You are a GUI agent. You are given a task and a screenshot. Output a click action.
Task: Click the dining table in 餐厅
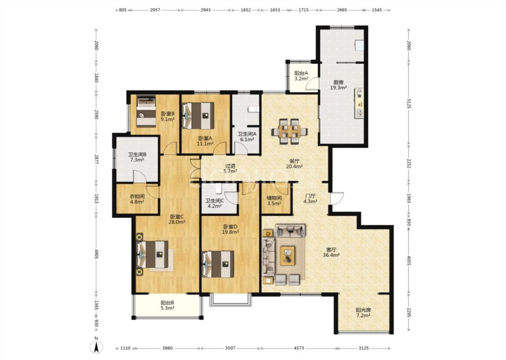(x=290, y=131)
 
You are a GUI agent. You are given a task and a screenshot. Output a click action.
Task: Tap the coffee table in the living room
(x=287, y=256)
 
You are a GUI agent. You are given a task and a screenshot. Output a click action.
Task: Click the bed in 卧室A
(x=198, y=115)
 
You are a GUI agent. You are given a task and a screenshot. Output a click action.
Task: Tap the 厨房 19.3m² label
(x=338, y=85)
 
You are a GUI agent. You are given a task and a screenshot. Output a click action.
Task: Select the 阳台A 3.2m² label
(x=301, y=76)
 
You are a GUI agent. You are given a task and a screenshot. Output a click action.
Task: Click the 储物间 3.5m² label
(x=274, y=201)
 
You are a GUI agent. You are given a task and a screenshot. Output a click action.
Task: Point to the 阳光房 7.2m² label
(x=363, y=313)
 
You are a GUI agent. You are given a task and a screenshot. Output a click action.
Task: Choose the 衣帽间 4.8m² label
(x=137, y=199)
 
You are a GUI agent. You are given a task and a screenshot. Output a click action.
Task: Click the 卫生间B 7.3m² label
(x=137, y=157)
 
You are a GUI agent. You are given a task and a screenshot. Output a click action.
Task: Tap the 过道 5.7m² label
(x=230, y=169)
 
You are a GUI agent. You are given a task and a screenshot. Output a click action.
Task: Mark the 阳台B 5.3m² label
(x=167, y=305)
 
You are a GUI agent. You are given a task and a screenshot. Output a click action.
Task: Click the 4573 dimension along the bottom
(x=299, y=348)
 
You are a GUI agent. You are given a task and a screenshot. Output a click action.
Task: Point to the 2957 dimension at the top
(x=155, y=10)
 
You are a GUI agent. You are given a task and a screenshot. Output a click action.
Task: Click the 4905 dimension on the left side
(x=96, y=254)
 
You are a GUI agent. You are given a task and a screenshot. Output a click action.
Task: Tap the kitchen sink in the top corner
(x=359, y=45)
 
